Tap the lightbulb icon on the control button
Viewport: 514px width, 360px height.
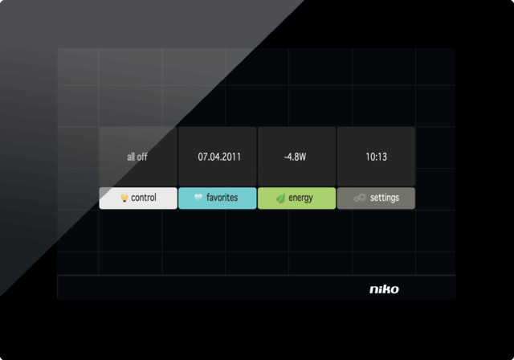(x=124, y=198)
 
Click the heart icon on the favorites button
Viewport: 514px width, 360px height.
(x=198, y=198)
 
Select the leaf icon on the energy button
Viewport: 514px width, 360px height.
(x=280, y=198)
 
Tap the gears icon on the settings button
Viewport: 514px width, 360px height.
(x=361, y=198)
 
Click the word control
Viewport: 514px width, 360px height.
(x=144, y=198)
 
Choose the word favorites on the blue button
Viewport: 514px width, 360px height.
(x=222, y=198)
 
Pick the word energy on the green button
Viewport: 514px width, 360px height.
(x=301, y=198)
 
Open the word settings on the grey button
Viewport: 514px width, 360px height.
(x=385, y=198)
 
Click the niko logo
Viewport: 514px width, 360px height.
(x=383, y=289)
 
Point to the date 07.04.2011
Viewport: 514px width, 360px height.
(x=218, y=157)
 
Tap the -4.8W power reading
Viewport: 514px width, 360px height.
(x=295, y=157)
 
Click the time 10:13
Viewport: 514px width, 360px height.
(x=376, y=157)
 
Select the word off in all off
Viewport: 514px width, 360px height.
(x=142, y=157)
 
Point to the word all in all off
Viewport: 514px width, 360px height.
(x=131, y=157)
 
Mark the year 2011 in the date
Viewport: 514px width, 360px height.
(x=230, y=157)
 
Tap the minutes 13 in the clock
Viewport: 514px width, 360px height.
(x=382, y=157)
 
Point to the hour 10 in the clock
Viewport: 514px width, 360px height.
(x=369, y=157)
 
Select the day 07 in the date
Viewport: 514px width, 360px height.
(x=203, y=157)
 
